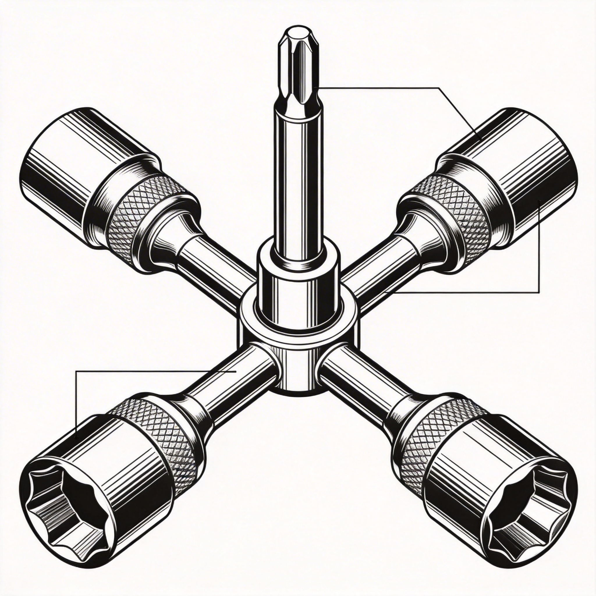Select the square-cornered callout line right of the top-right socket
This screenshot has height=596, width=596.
tap(539, 262)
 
